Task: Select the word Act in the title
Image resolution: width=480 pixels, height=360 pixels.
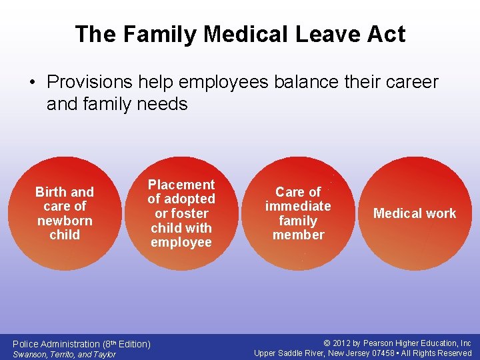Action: click(384, 34)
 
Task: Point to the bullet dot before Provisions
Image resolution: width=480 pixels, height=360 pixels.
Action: click(33, 83)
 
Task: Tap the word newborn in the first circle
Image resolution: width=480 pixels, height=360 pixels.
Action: click(65, 221)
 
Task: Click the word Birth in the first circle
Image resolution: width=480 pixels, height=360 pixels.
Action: click(51, 192)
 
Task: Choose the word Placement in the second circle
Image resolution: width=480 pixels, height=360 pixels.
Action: click(181, 185)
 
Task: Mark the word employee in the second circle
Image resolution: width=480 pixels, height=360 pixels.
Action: click(181, 242)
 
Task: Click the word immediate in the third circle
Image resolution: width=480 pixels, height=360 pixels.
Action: click(298, 206)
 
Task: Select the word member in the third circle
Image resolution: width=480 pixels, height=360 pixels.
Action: click(298, 235)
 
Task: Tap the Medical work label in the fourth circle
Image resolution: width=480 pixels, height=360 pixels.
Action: click(415, 213)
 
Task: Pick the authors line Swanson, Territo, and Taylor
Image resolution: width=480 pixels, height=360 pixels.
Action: click(65, 354)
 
